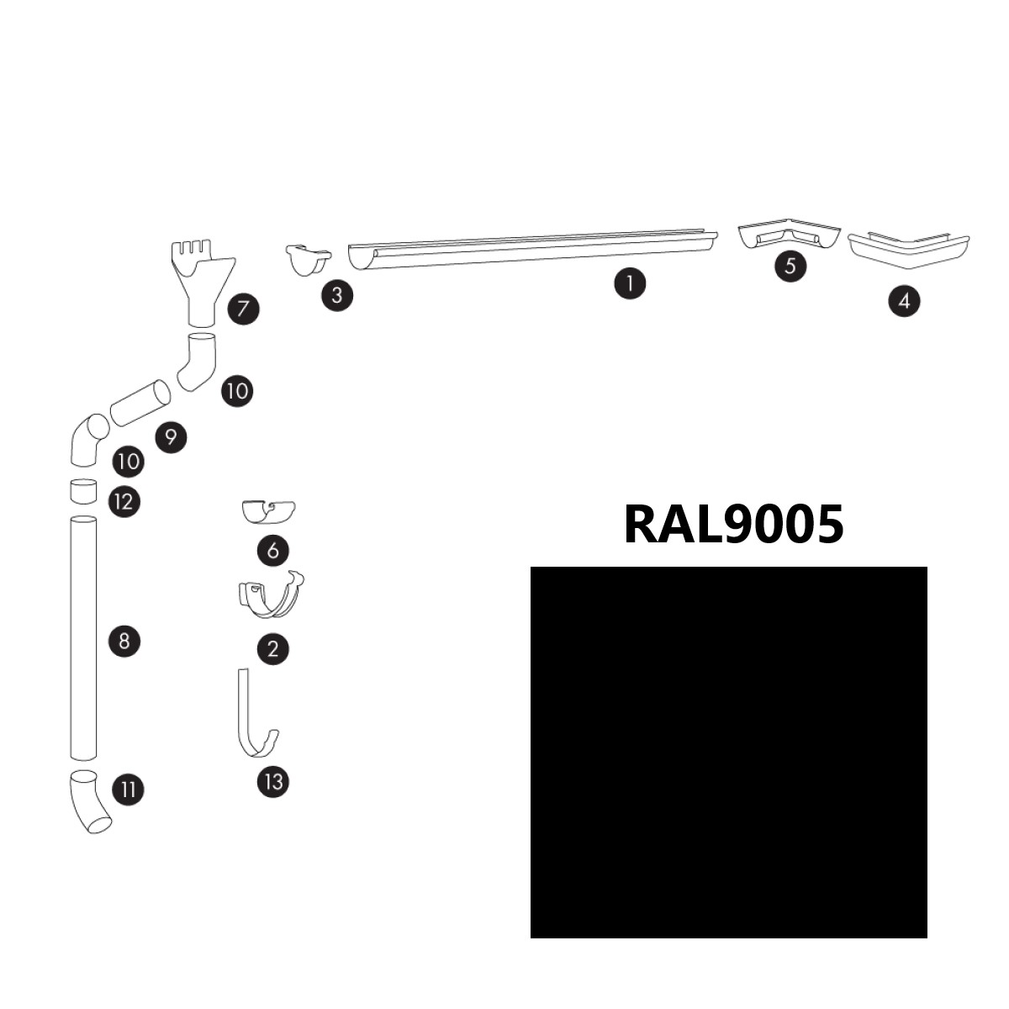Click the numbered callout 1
(630, 283)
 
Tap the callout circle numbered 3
(337, 295)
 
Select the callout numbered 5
(790, 266)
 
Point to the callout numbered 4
(904, 301)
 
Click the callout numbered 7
(244, 309)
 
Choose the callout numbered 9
(172, 436)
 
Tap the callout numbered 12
(124, 502)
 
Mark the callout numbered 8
(124, 641)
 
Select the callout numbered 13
(273, 782)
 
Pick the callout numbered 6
(272, 550)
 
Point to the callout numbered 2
(272, 649)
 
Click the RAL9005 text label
(733, 525)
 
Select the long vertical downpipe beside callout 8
(83, 637)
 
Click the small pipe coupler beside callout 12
(83, 490)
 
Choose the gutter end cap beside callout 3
(308, 260)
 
